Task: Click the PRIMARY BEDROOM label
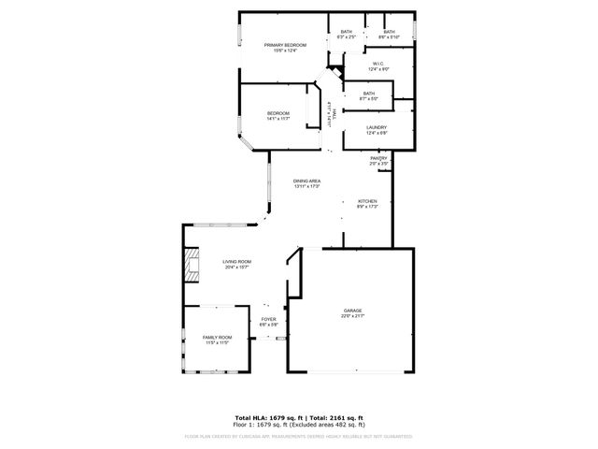285,45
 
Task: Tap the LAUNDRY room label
377,127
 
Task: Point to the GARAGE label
352,310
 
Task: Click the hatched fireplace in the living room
192,265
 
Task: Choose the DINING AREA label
306,181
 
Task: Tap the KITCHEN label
367,201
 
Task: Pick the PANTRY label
378,159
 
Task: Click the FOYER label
269,320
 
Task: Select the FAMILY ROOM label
217,338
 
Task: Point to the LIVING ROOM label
236,262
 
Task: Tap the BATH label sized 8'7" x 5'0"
369,93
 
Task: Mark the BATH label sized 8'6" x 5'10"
389,32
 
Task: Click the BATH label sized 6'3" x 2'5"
347,32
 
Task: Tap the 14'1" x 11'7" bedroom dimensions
279,120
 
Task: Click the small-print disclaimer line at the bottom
298,436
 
